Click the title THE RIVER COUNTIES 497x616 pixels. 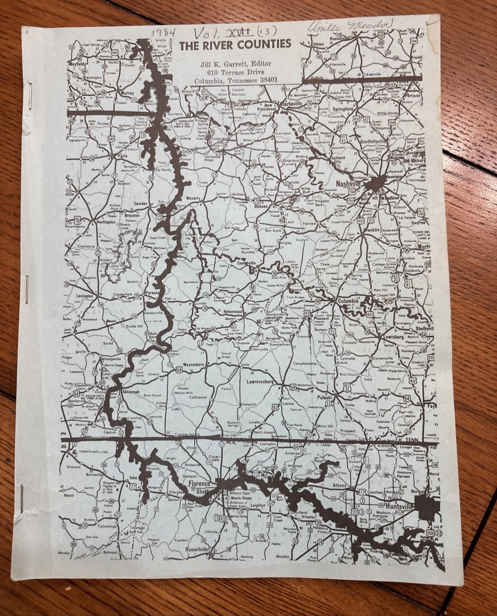pyautogui.click(x=235, y=44)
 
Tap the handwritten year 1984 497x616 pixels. pyautogui.click(x=163, y=32)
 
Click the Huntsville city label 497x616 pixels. pyautogui.click(x=400, y=507)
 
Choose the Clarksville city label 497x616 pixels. pyautogui.click(x=292, y=104)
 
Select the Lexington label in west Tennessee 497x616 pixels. pyautogui.click(x=85, y=296)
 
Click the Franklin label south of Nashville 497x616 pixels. pyautogui.click(x=371, y=230)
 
